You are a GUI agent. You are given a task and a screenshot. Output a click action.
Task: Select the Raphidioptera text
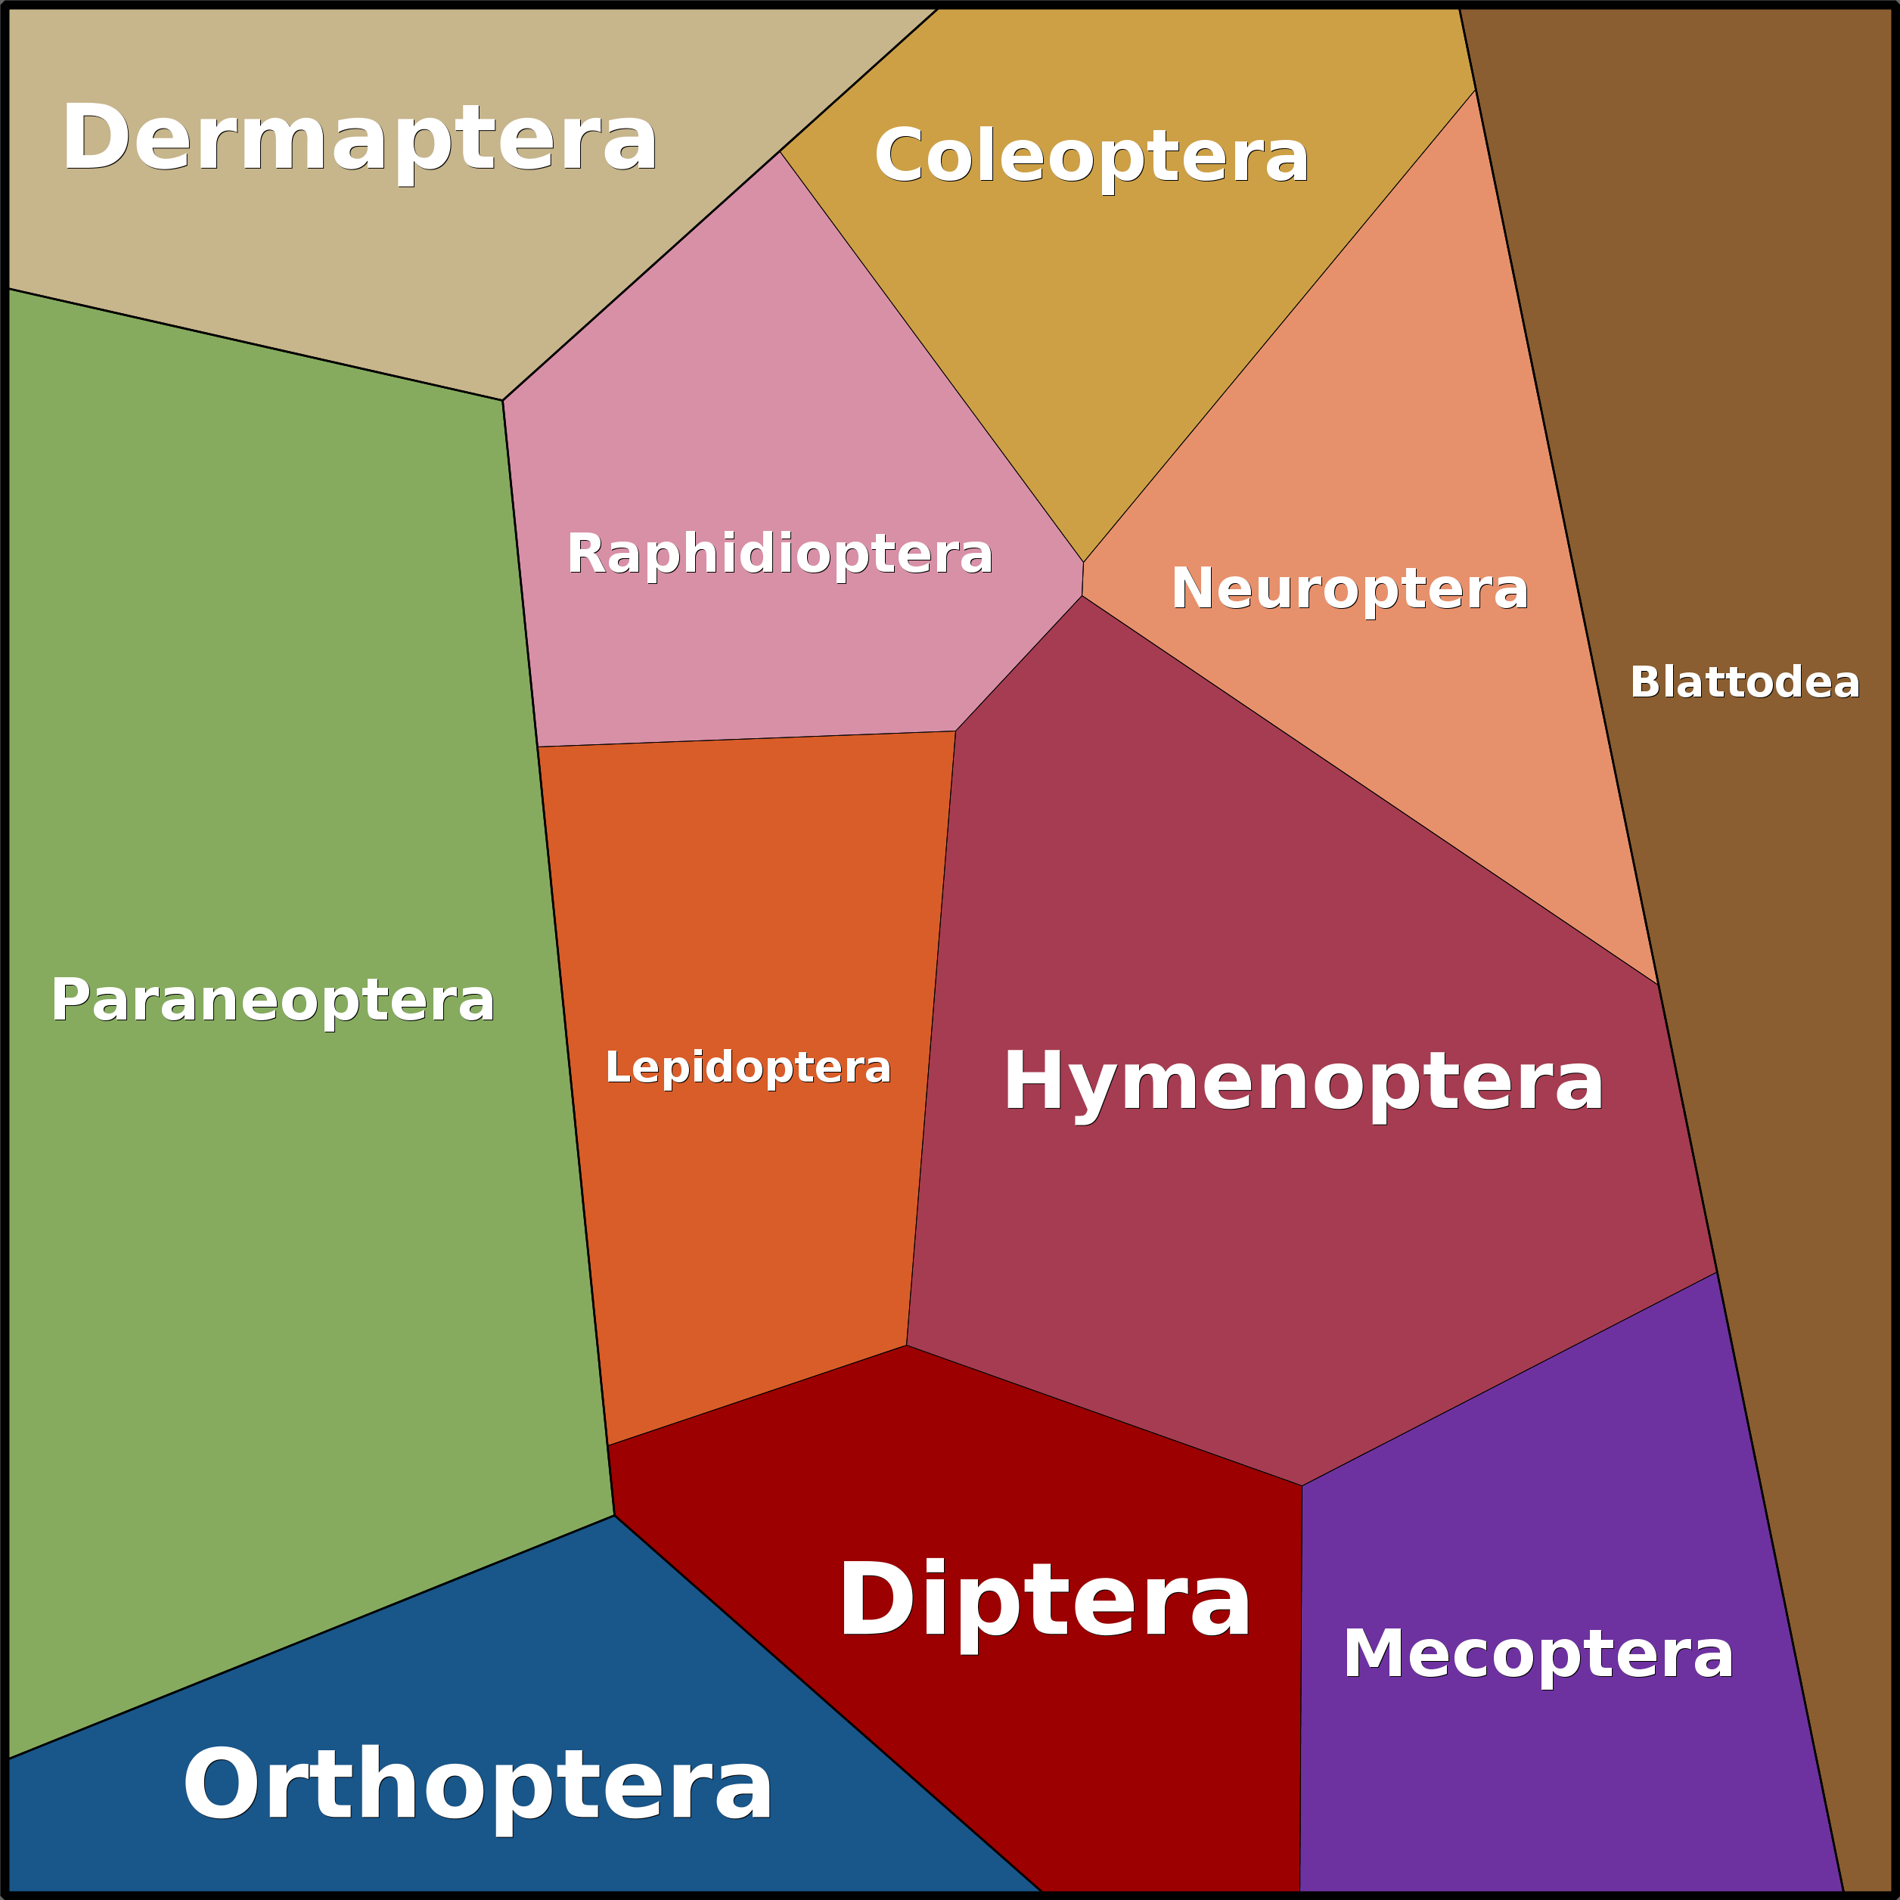[780, 554]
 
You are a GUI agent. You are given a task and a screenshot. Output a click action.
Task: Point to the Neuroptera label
[1349, 589]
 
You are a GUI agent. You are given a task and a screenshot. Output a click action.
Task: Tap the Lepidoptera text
[747, 1068]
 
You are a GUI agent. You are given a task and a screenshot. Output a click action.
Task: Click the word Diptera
[1045, 1601]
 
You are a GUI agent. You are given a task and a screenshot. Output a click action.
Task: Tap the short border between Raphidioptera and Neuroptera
[1083, 579]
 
